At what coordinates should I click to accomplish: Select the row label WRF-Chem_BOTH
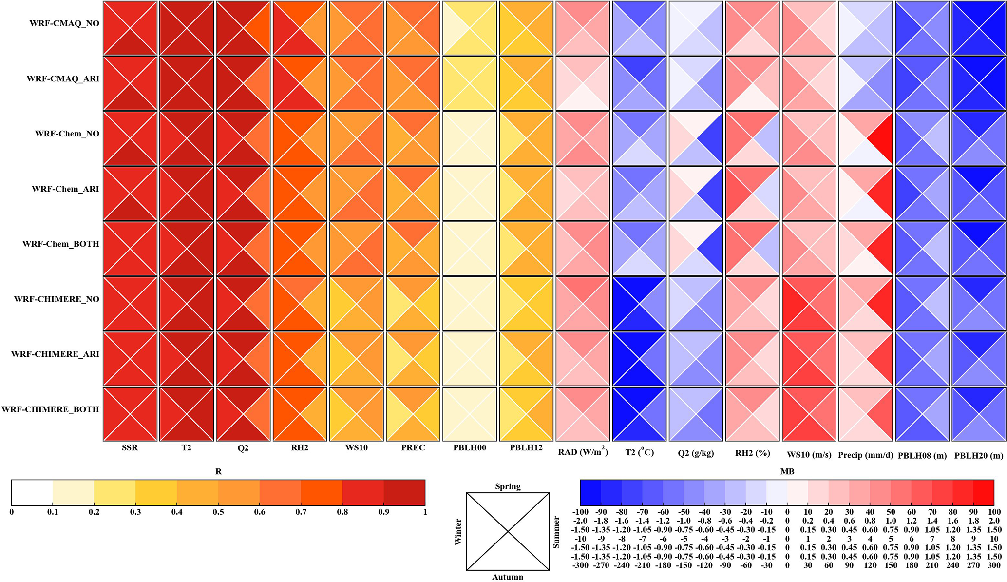point(60,244)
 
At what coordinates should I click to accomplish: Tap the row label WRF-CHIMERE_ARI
point(55,354)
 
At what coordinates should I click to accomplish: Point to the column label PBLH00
point(470,447)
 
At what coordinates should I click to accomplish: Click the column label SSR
point(130,447)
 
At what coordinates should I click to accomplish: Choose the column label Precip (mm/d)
point(865,455)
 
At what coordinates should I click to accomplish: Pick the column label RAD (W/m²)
point(583,453)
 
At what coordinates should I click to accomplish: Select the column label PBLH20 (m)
point(979,455)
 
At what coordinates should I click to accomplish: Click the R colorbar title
point(218,471)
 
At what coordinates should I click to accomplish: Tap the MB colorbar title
point(787,471)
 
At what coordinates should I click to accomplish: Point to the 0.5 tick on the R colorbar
point(218,512)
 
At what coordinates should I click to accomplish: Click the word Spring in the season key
point(508,486)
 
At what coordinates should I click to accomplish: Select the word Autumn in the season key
point(508,577)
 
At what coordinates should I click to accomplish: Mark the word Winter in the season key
point(458,532)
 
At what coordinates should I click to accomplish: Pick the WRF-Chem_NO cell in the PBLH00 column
point(470,138)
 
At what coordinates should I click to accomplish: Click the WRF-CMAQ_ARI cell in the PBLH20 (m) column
point(979,83)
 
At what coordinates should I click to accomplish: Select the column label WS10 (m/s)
point(809,455)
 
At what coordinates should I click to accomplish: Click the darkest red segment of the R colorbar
point(404,492)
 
